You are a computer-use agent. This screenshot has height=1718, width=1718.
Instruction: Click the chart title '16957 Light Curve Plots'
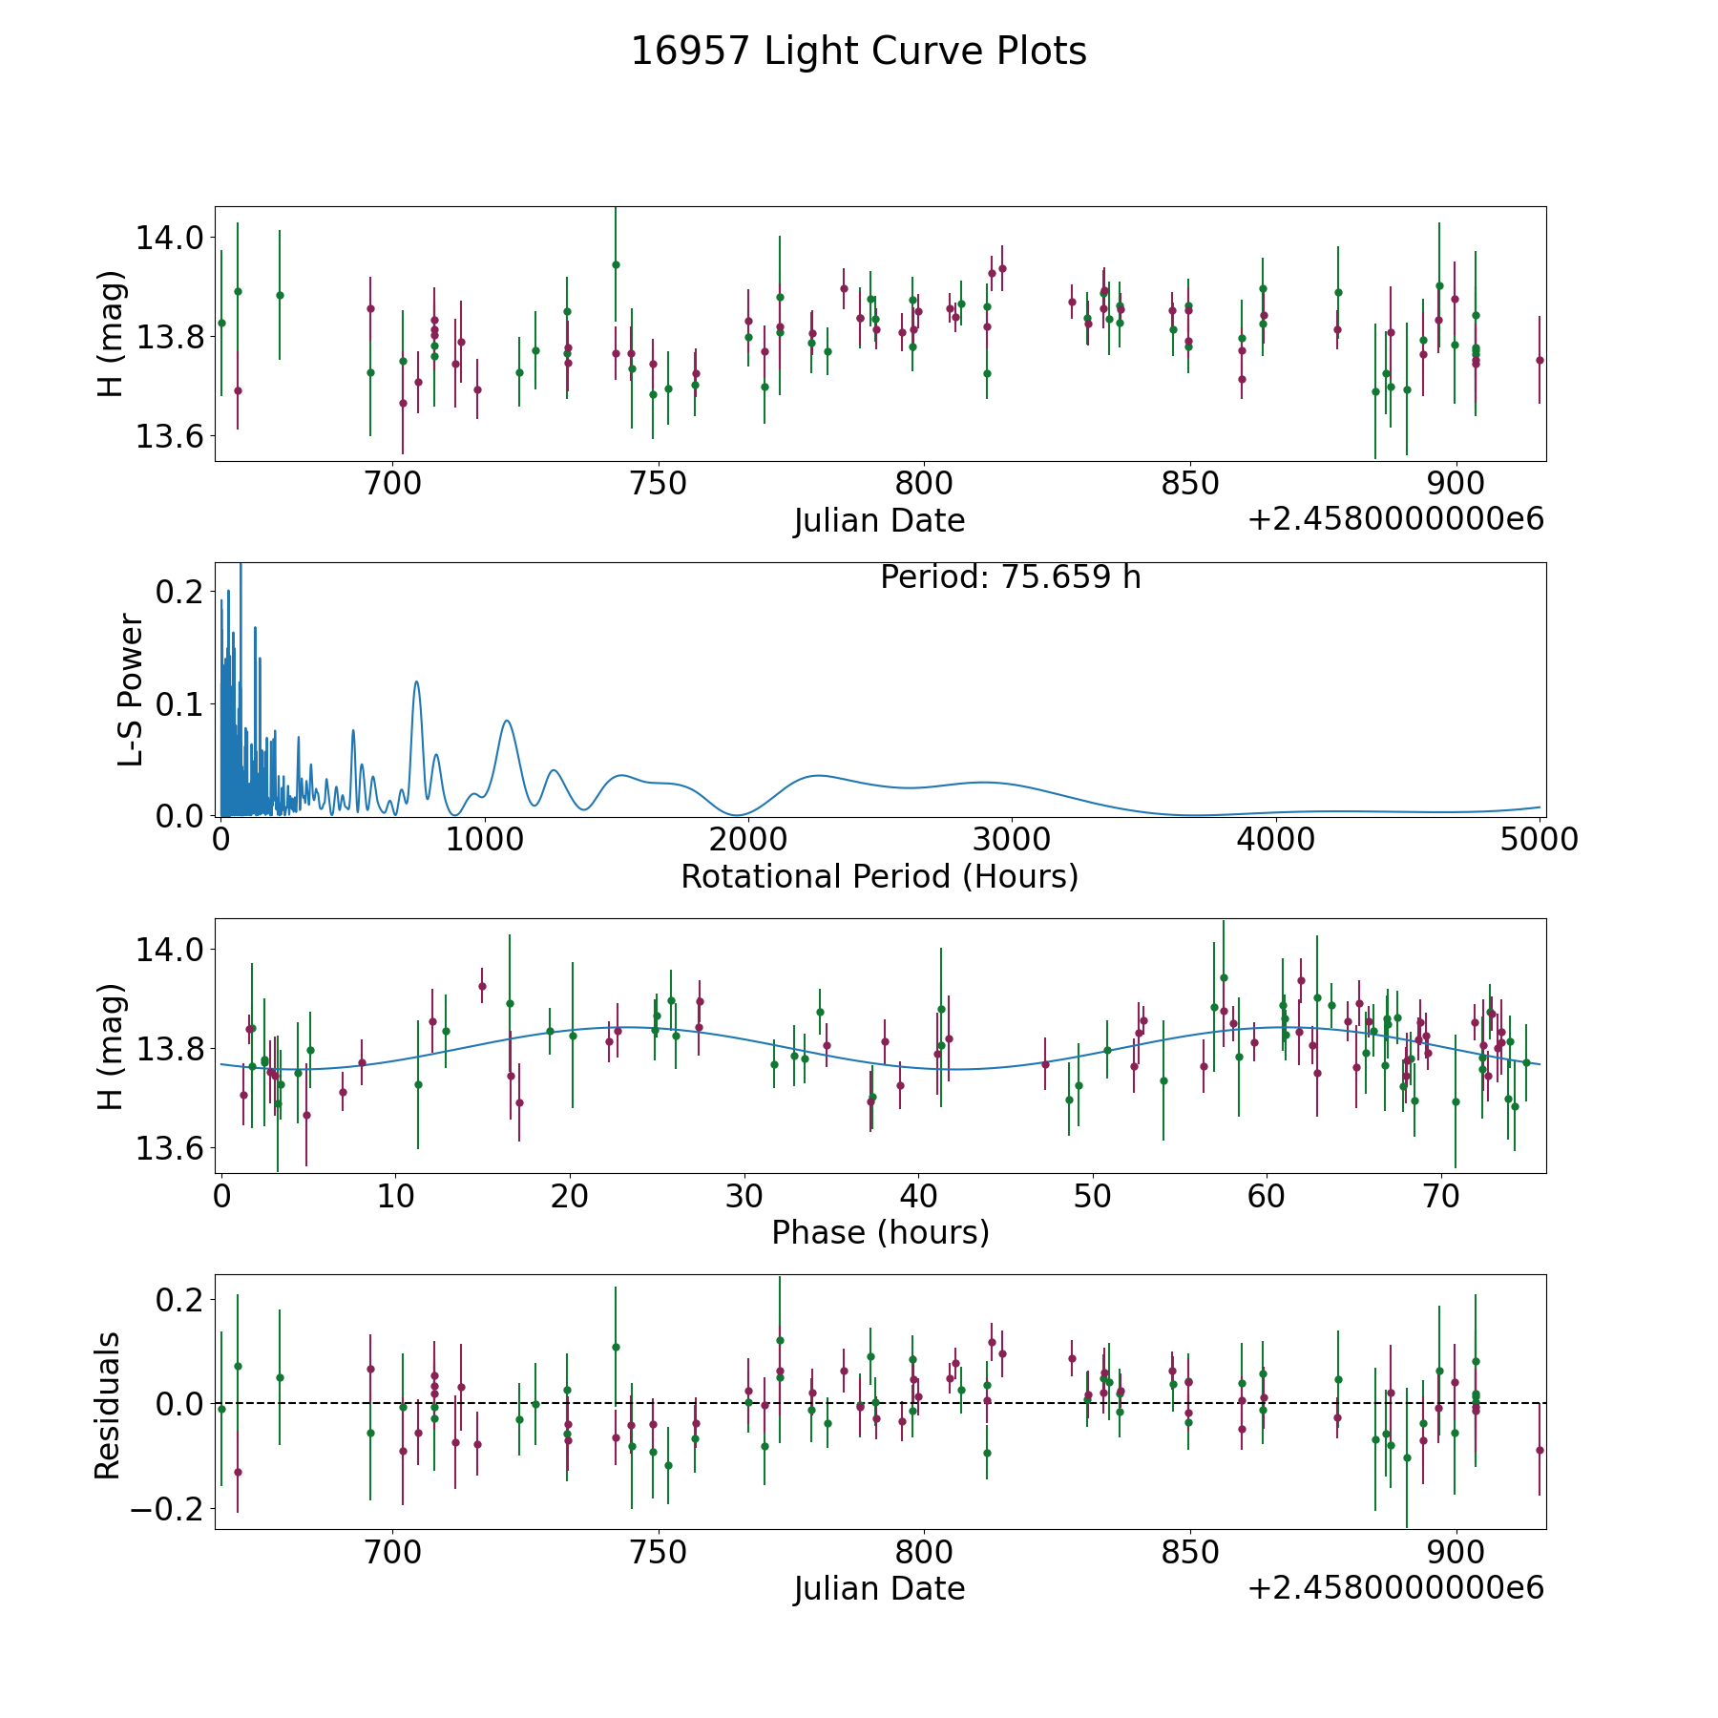click(858, 52)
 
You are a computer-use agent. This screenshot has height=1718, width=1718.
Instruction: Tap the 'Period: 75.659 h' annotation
click(1010, 577)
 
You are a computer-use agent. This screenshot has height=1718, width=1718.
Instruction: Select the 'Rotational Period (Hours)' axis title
click(879, 876)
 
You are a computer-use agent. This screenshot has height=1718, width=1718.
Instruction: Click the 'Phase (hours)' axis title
click(880, 1232)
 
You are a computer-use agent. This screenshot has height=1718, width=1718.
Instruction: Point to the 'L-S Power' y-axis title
click(131, 689)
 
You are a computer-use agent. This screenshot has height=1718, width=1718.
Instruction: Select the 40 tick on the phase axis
click(917, 1196)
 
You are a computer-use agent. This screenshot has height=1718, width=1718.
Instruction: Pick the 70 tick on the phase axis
click(1440, 1196)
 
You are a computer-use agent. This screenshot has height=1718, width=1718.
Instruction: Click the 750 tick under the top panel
click(659, 484)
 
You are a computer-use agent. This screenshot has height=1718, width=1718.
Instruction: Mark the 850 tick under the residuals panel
click(1190, 1553)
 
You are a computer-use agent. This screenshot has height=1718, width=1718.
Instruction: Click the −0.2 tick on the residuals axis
click(160, 1509)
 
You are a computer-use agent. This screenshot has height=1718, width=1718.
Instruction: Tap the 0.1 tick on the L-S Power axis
click(178, 704)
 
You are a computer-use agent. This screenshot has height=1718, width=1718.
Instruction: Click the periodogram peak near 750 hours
click(416, 681)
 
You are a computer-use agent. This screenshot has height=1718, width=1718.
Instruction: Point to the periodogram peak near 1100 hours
click(507, 721)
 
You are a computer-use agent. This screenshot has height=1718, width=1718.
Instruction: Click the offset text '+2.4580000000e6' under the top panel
click(1395, 519)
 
